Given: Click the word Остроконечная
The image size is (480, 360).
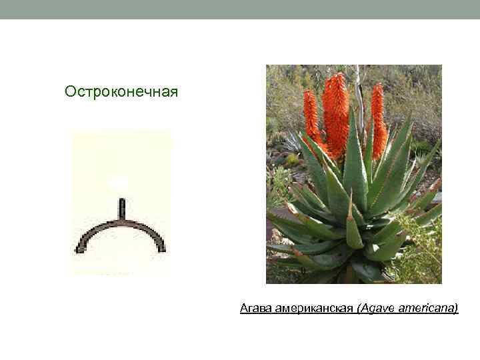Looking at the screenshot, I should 121,91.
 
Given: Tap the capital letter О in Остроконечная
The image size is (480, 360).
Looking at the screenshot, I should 70,91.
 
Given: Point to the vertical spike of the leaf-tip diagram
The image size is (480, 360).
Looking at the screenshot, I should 121,210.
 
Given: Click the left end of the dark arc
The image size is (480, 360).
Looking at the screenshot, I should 79,249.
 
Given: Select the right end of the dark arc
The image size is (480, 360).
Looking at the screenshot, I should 162,249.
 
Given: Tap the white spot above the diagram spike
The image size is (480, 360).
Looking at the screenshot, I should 119,181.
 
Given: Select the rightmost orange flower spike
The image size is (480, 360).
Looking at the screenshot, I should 378,120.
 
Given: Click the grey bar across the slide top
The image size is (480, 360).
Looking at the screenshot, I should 240,9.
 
